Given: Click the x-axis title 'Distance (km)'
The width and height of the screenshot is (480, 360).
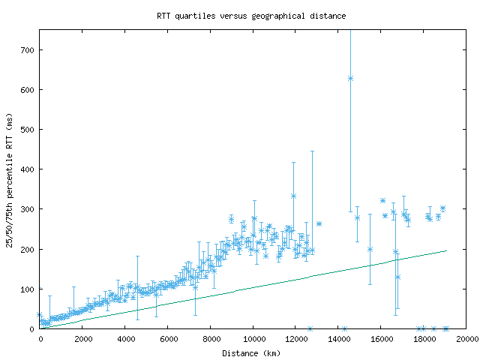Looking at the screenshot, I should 251,352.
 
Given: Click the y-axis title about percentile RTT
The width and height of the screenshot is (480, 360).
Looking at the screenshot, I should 10,179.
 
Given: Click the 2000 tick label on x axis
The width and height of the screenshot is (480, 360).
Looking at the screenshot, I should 82,339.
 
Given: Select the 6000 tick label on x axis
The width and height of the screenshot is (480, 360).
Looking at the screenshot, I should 168,339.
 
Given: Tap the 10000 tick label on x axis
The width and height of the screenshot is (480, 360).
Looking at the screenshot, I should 253,339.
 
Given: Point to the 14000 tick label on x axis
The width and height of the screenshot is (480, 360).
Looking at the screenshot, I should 339,339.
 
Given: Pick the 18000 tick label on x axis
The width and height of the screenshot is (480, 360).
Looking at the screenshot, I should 424,339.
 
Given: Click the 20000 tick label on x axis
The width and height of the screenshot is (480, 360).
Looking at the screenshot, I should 466,339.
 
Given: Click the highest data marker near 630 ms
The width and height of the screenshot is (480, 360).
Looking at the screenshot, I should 350,78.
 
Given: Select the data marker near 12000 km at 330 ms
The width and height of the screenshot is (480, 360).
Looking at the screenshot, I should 293,196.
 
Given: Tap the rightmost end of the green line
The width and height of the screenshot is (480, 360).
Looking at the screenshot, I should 446,250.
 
